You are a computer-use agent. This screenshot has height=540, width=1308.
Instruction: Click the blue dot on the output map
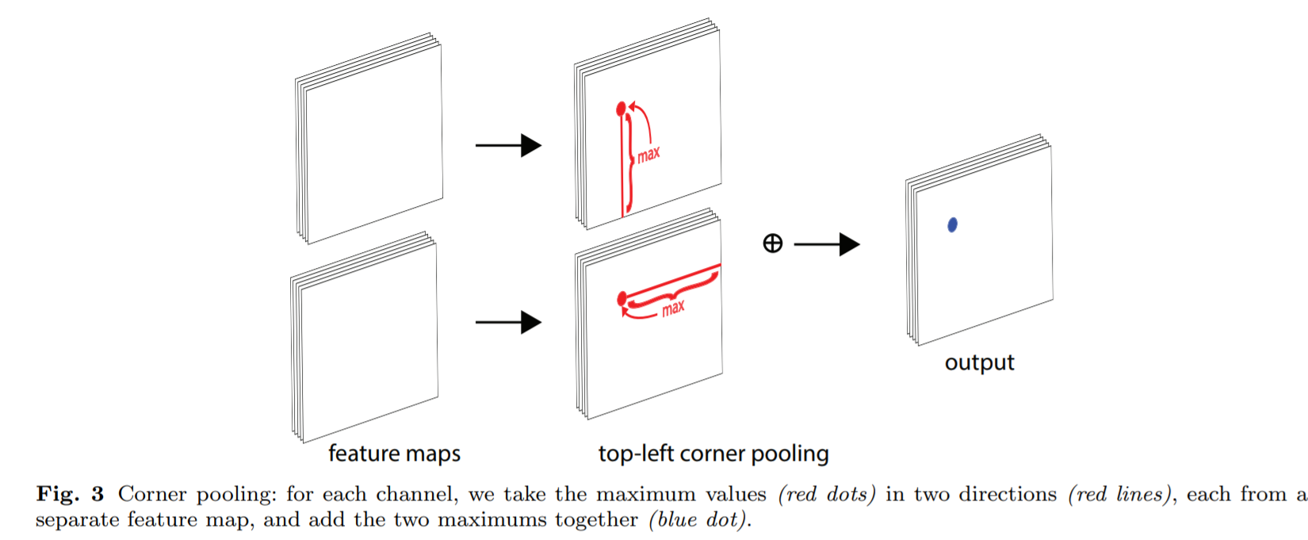952,225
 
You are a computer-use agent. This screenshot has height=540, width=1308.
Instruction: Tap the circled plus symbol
772,243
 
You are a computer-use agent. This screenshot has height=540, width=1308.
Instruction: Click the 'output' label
979,362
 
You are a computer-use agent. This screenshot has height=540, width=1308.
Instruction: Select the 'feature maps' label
394,454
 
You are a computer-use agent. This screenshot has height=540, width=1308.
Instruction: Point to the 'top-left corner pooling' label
713,454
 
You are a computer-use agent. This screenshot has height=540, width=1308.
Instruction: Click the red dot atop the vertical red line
621,107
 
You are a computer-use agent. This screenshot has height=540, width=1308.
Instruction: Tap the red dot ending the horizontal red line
622,298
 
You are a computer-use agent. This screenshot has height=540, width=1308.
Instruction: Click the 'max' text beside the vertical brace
648,155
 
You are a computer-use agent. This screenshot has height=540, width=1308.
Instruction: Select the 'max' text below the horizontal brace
673,308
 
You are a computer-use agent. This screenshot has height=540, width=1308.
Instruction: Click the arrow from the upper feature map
508,145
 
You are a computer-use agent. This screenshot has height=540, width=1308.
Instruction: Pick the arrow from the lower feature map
508,322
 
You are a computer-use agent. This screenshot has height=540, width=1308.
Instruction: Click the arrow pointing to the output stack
826,244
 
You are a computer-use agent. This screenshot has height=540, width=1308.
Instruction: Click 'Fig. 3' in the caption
70,495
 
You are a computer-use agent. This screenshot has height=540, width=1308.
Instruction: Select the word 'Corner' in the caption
151,495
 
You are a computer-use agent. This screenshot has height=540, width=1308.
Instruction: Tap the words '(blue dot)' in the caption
698,520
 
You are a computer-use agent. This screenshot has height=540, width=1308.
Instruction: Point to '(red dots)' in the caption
826,495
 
